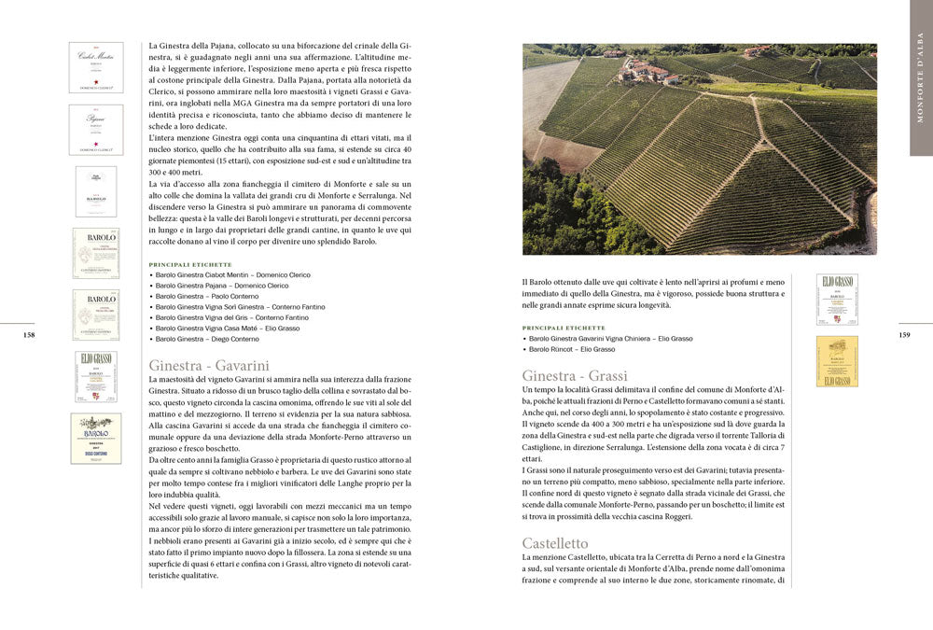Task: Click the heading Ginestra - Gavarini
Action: [x=209, y=365]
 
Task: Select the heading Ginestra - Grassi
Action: [x=575, y=376]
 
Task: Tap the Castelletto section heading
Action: [x=555, y=542]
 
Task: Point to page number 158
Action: [x=29, y=335]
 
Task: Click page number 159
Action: [x=904, y=335]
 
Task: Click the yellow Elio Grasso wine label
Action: [x=837, y=360]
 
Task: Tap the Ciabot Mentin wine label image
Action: [x=95, y=67]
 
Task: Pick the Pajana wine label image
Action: [x=95, y=129]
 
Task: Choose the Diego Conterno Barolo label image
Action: [x=96, y=439]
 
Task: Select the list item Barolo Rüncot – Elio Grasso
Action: [x=572, y=349]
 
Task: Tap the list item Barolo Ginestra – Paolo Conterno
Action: [x=211, y=296]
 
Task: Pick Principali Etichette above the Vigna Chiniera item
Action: [x=564, y=328]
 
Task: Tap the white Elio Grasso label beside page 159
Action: [x=837, y=299]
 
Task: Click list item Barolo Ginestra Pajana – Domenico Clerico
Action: [x=222, y=286]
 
